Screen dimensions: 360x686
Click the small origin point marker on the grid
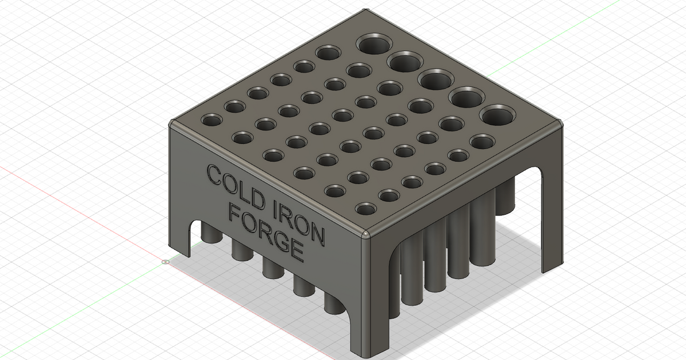[165, 263]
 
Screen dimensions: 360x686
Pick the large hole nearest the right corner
[497, 115]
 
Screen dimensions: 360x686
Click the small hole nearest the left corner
[212, 121]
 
